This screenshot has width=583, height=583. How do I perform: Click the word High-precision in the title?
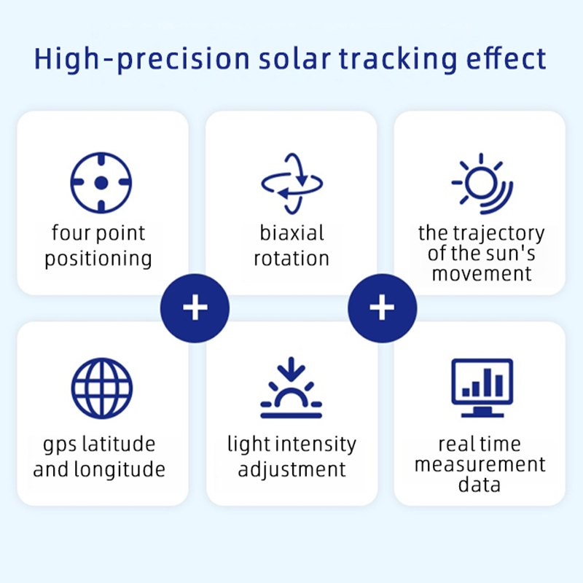(x=141, y=59)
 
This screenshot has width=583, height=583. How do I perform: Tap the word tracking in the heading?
(x=398, y=59)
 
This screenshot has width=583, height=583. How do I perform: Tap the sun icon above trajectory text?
(x=482, y=184)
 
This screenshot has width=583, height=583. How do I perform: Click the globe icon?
(x=102, y=388)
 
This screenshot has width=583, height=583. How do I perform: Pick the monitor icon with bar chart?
(x=482, y=388)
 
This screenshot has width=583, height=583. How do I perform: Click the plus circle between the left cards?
(x=195, y=308)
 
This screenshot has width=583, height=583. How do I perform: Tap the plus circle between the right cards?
(x=382, y=308)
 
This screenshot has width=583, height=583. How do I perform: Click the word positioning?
(x=98, y=259)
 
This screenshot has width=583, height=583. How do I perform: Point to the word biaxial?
(x=292, y=233)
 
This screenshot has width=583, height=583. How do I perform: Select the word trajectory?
(x=499, y=234)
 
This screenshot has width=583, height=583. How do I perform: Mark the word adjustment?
(x=292, y=470)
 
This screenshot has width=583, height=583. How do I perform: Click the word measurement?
(x=480, y=465)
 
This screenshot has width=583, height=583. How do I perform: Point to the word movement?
(x=482, y=274)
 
